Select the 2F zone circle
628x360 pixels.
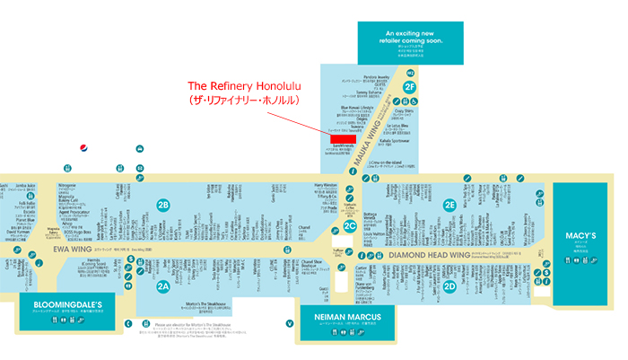tap(409, 87)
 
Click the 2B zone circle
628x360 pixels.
tap(163, 204)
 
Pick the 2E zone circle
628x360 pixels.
tap(449, 204)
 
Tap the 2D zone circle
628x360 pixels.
tap(449, 286)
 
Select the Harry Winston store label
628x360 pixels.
tap(325, 186)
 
